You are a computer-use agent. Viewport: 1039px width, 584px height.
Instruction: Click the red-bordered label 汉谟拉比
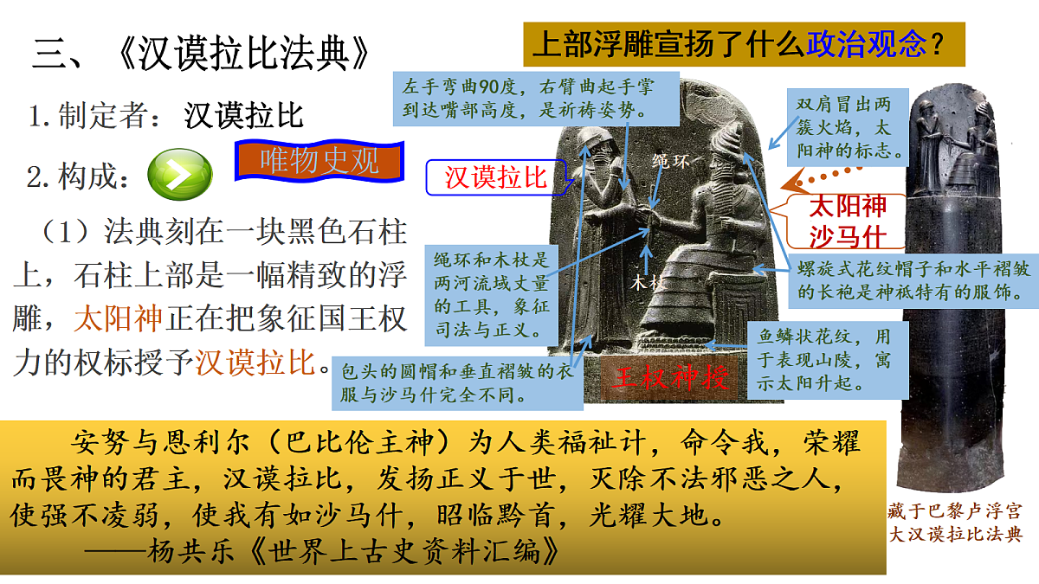(x=496, y=177)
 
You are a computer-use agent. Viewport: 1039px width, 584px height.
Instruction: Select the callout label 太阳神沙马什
(x=847, y=221)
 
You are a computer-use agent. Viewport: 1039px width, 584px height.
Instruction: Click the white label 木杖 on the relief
(x=647, y=283)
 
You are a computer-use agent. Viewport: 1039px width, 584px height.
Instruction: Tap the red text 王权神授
(x=665, y=378)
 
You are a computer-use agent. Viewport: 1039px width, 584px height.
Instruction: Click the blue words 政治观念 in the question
(x=866, y=43)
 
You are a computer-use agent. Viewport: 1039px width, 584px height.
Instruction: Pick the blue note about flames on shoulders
(x=849, y=126)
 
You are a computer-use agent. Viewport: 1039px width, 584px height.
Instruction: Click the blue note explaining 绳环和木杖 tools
(x=491, y=294)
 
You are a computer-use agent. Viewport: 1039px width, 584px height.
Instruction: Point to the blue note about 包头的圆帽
(x=458, y=383)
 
